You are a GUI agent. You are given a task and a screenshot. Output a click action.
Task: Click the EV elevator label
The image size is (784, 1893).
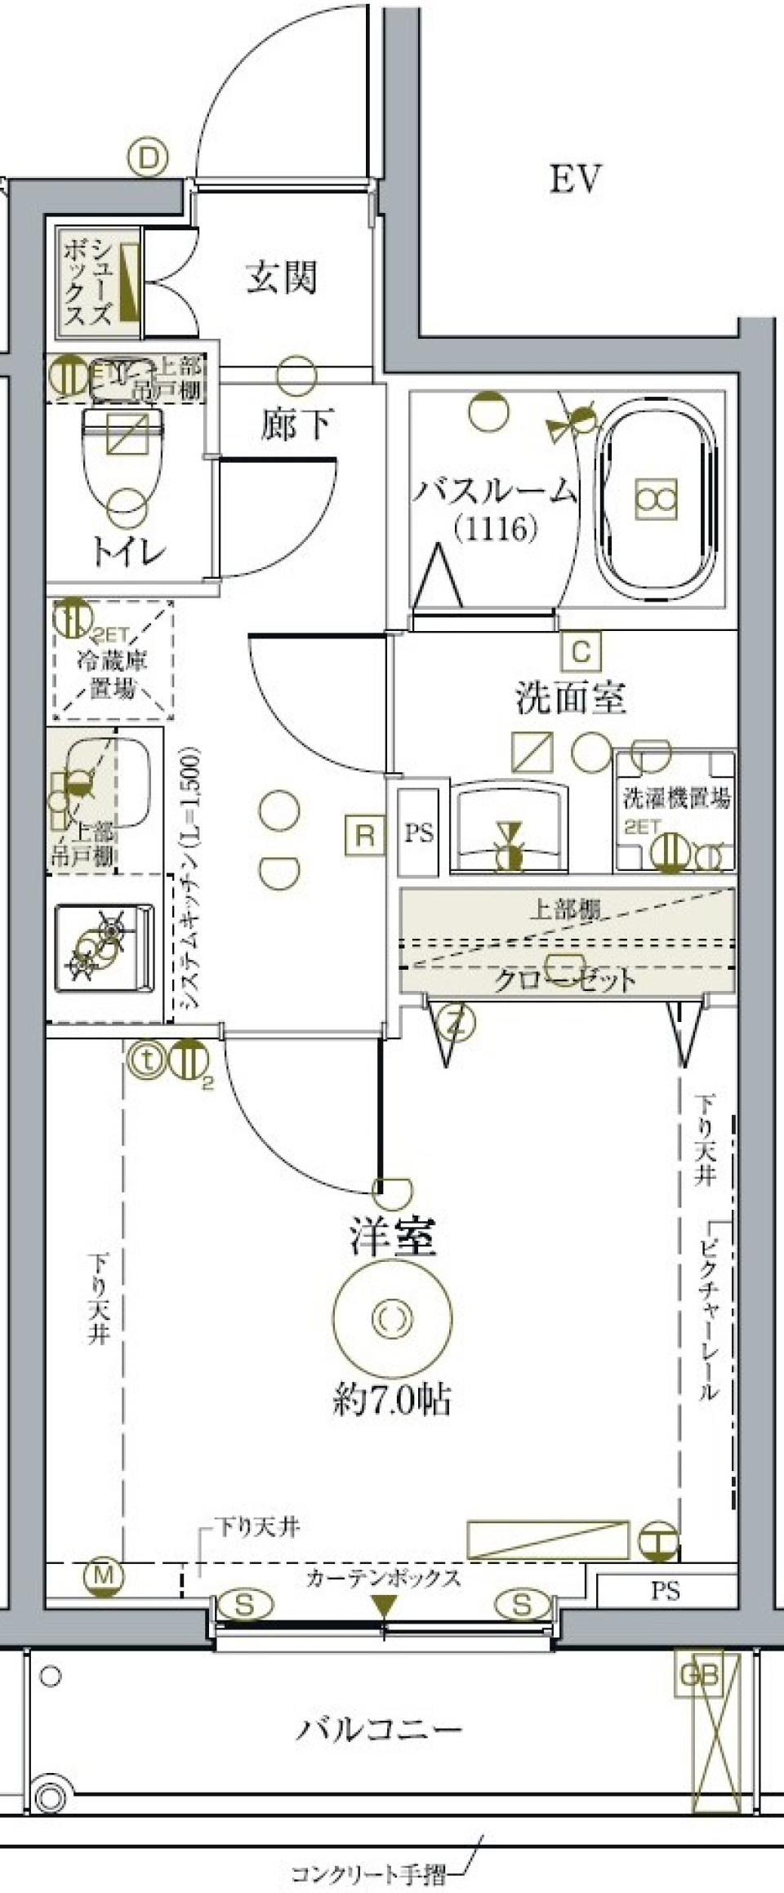(x=575, y=179)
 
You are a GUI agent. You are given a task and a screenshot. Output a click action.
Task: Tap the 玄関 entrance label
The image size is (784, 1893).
(x=282, y=278)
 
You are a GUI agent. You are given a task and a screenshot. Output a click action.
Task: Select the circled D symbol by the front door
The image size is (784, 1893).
(x=149, y=158)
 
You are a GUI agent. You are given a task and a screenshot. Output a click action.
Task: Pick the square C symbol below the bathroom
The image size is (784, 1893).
(x=581, y=651)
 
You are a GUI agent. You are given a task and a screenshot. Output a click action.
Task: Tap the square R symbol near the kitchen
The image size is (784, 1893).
(x=365, y=834)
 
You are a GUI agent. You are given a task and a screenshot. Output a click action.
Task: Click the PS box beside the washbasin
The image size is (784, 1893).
(x=419, y=833)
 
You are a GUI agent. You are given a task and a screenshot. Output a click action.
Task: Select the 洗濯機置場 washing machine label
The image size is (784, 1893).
(x=677, y=798)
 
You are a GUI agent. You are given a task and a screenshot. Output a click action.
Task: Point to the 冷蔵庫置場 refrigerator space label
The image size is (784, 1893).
(x=112, y=674)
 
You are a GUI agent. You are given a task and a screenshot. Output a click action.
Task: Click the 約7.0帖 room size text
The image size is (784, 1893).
(x=392, y=1400)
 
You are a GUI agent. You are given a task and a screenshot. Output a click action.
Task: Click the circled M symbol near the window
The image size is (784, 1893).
(x=103, y=1575)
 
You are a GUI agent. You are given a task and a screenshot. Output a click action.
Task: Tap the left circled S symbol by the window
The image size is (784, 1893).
(x=244, y=1605)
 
